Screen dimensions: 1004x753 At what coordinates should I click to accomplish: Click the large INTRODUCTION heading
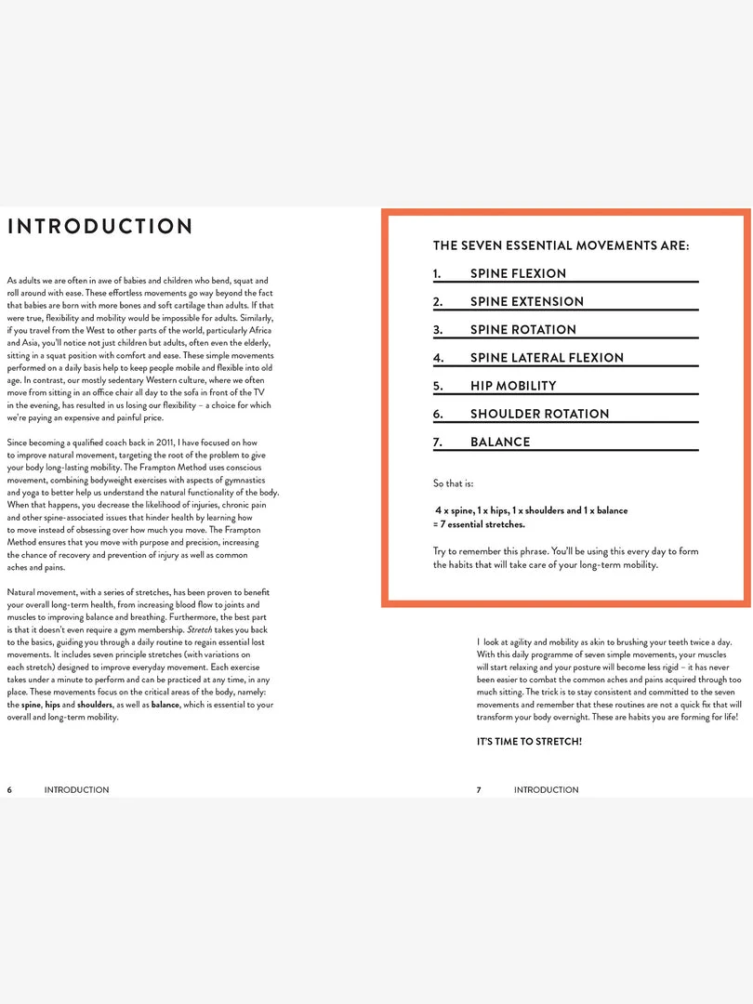coord(99,227)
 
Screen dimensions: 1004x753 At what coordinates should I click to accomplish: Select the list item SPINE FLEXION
coord(518,273)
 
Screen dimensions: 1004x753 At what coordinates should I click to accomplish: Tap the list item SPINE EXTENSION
coord(527,301)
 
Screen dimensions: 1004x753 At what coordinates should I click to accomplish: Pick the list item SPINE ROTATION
coord(523,329)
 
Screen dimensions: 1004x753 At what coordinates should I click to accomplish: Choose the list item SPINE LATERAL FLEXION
coord(547,358)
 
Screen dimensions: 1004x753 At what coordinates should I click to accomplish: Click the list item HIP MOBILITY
coord(513,386)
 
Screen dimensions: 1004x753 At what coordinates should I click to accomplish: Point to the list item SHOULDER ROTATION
coord(539,414)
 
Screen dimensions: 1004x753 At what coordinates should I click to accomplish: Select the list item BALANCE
coord(500,442)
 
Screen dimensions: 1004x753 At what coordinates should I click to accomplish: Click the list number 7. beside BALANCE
coord(438,442)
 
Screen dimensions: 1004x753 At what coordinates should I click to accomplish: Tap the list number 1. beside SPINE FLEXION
coord(437,273)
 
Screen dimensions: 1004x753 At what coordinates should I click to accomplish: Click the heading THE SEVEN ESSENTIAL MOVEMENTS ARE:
coord(561,246)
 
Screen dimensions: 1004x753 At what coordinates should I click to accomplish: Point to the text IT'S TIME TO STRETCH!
coord(529,742)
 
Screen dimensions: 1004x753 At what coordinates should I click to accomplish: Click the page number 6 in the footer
coord(10,790)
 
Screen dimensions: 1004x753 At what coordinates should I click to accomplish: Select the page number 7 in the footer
coord(480,790)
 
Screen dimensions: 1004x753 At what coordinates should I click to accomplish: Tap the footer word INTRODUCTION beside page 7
coord(546,790)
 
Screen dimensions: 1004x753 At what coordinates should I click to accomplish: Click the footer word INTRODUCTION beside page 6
coord(76,790)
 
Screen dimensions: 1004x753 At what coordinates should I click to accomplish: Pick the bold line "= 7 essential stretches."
coord(479,524)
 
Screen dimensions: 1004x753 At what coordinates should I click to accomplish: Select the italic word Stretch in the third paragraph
coord(200,629)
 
